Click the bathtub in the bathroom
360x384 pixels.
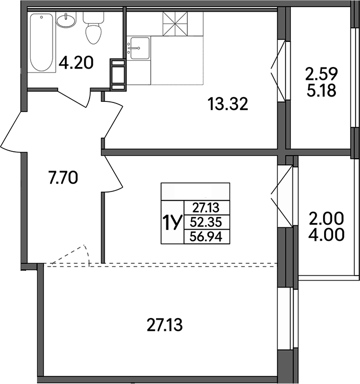pos(39,43)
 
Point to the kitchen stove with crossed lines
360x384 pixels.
pos(177,24)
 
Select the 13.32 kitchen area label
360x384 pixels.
pos(227,104)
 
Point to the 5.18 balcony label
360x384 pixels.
pos(321,91)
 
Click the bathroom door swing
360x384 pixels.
pos(75,98)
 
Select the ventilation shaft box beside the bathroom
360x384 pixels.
pos(117,73)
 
